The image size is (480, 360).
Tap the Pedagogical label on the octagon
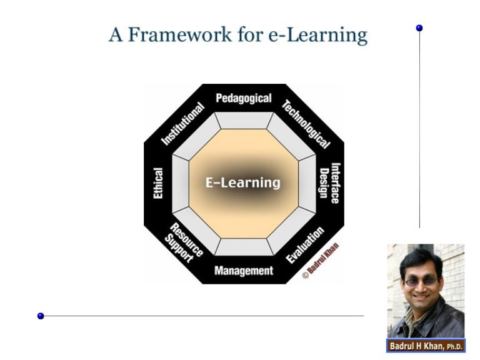[244, 99]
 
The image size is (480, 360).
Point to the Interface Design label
[329, 183]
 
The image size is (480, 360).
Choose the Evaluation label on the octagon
[305, 245]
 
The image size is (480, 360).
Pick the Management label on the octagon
[244, 271]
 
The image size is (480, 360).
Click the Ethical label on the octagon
[158, 183]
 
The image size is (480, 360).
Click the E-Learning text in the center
[243, 183]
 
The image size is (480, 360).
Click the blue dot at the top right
[419, 28]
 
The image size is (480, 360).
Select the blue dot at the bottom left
[41, 316]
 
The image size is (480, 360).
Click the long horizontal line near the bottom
[200, 316]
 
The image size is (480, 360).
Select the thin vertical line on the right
[419, 125]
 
